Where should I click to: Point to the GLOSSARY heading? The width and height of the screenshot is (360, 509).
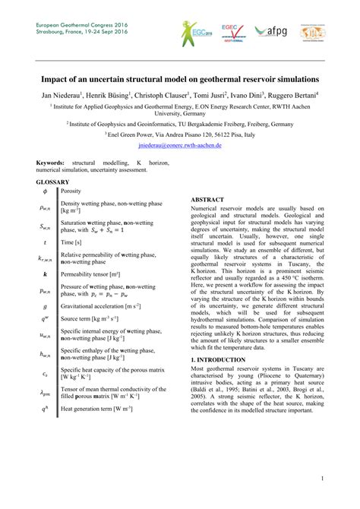(52, 182)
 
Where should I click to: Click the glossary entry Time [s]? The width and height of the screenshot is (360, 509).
(73, 242)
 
